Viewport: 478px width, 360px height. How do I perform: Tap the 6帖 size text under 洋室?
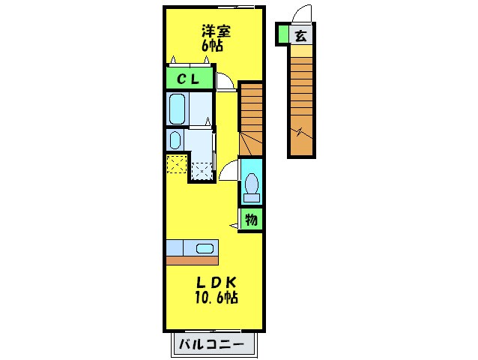[x=213, y=45]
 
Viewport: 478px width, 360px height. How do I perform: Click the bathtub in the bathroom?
[x=178, y=109]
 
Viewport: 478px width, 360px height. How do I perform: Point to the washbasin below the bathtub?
[x=175, y=140]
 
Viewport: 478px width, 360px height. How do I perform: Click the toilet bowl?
[x=252, y=184]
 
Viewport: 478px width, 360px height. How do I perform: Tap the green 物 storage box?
[x=252, y=220]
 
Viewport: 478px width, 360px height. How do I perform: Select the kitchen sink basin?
[x=204, y=247]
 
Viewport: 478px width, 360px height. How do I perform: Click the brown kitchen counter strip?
[x=192, y=260]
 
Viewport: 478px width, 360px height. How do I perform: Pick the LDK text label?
[x=217, y=283]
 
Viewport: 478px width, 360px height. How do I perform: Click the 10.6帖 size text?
[x=217, y=298]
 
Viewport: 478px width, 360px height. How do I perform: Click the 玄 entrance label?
[x=300, y=34]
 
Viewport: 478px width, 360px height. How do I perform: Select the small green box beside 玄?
[x=282, y=34]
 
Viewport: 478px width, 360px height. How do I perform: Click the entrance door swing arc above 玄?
[x=301, y=15]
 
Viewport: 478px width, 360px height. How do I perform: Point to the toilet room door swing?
[x=229, y=171]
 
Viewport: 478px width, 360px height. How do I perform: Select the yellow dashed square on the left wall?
[x=176, y=163]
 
